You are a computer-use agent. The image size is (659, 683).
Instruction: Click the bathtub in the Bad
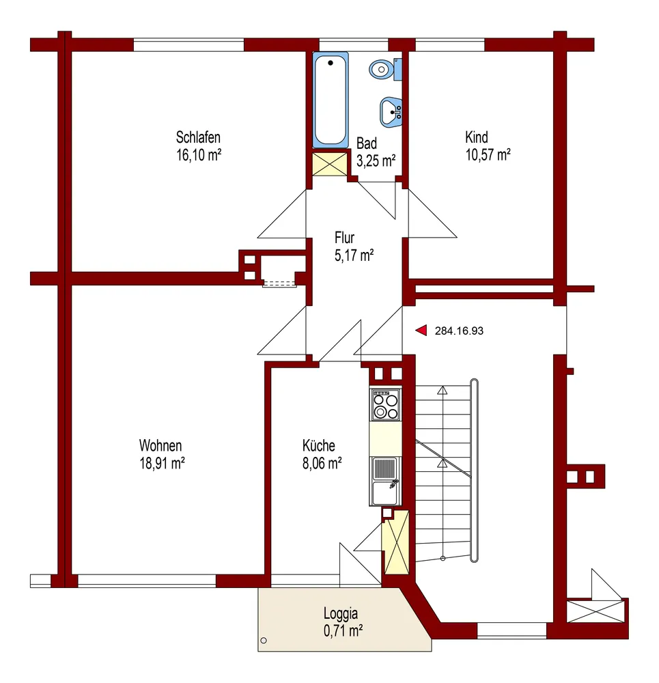coord(330,100)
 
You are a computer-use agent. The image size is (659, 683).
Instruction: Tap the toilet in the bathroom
coord(385,69)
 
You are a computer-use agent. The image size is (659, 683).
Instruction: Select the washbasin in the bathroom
coord(391,112)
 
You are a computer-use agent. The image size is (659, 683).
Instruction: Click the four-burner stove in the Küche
coord(385,404)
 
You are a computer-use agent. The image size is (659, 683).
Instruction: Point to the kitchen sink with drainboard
coord(385,480)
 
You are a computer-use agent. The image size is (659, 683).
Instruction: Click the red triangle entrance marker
coord(421,331)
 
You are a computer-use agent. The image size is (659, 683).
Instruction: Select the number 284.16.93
coord(459,331)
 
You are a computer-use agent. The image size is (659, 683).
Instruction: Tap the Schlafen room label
coord(198,137)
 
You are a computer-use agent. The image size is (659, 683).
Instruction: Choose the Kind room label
coord(477,137)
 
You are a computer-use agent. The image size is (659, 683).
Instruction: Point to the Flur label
coord(345,238)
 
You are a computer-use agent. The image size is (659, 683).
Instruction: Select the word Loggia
coord(341,614)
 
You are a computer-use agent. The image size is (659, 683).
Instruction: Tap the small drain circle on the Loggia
coord(264,641)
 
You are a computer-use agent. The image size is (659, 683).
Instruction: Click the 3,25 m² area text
coord(376,161)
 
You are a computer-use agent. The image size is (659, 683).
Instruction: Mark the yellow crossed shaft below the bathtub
coord(330,164)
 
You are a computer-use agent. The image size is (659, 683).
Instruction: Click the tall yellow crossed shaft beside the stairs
coord(395,542)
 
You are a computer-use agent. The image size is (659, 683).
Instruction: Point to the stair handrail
coord(475,471)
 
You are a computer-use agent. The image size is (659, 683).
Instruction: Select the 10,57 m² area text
coord(488,155)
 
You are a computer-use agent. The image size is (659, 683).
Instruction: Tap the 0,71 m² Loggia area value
coord(343,630)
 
